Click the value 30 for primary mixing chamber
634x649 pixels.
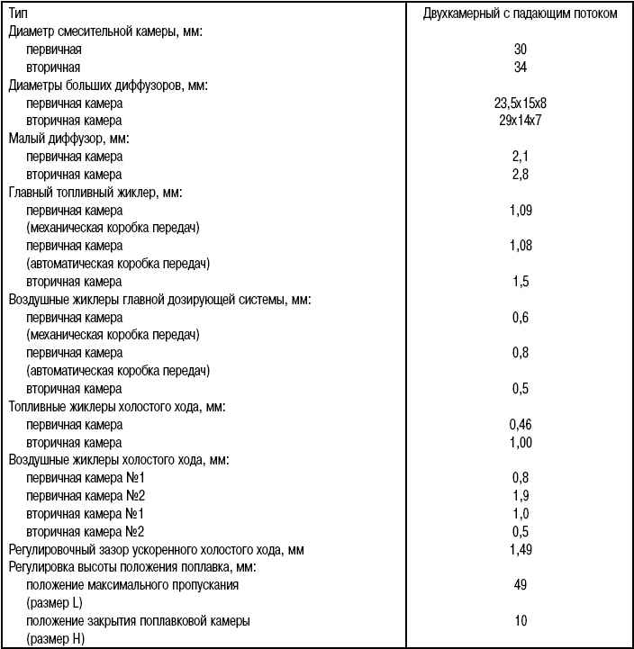[520, 50]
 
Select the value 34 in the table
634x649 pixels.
[520, 68]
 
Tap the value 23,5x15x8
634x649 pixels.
[520, 103]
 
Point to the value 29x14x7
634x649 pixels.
[520, 121]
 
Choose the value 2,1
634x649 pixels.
[520, 157]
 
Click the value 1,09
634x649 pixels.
[520, 210]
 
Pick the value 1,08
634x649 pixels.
[520, 245]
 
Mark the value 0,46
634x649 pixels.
[520, 424]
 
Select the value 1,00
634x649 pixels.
[520, 442]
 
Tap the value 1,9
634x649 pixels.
[520, 495]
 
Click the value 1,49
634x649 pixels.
[520, 549]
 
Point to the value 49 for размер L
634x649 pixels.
[520, 585]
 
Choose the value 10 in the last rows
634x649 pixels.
[520, 621]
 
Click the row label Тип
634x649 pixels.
[18, 14]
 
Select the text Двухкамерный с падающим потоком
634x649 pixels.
[520, 14]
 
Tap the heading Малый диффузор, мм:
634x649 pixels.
[68, 139]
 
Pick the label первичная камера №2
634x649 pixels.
[86, 495]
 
